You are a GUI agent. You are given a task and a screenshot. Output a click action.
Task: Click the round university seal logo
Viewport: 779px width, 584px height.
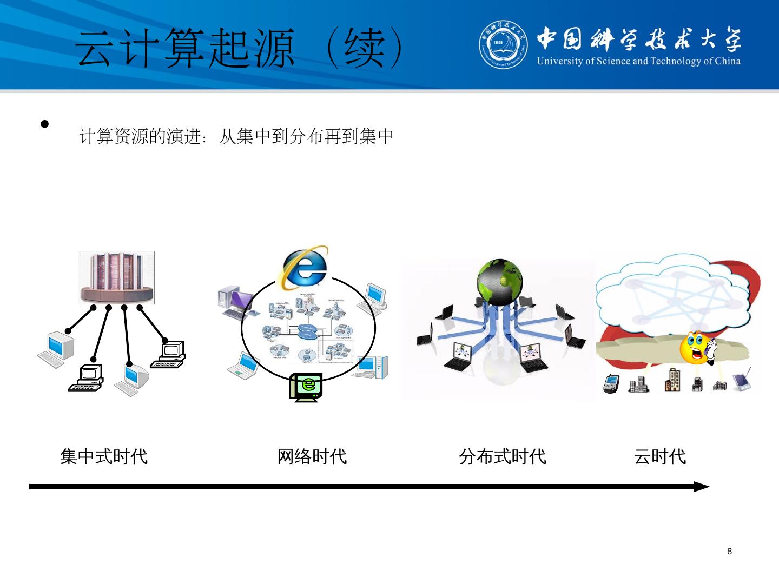tap(503, 44)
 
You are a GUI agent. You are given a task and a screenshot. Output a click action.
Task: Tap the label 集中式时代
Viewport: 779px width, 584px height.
tap(104, 457)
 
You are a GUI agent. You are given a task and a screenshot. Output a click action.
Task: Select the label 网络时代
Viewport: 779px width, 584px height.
tap(312, 457)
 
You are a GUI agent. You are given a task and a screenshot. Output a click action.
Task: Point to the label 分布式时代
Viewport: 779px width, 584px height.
tap(502, 457)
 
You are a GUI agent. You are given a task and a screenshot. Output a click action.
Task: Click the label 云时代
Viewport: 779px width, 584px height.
tap(659, 457)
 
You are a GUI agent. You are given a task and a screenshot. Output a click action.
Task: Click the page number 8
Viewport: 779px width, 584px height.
tap(729, 552)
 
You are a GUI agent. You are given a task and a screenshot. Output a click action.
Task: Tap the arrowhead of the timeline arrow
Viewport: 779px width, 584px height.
tap(702, 487)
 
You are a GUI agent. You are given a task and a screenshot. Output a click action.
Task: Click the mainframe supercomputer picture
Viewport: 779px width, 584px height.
tap(116, 277)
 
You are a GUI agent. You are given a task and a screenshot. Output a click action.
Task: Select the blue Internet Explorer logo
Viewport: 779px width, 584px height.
tap(304, 268)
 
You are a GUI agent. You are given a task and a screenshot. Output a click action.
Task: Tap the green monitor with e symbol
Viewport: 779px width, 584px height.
tap(306, 386)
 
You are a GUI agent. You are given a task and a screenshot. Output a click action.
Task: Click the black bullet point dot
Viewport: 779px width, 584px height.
tap(45, 124)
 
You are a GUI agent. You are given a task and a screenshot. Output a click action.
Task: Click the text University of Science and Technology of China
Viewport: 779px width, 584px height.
tap(638, 61)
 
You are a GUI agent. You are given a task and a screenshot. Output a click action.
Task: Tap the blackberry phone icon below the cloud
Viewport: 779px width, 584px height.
tap(611, 383)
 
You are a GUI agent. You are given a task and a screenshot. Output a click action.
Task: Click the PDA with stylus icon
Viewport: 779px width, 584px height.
tap(742, 381)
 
